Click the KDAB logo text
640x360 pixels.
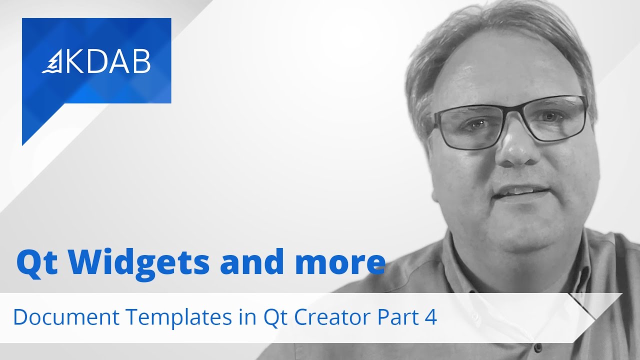tap(107, 62)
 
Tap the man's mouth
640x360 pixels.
tap(515, 193)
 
